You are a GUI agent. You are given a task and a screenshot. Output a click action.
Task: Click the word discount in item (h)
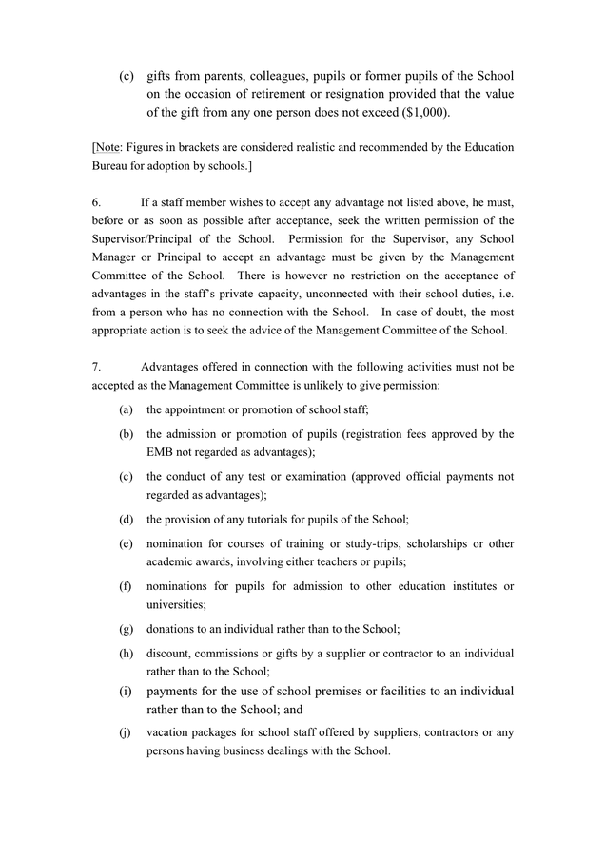tap(169, 654)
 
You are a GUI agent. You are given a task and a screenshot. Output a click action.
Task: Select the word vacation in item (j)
tap(170, 732)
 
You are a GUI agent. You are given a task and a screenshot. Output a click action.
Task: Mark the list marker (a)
tap(126, 408)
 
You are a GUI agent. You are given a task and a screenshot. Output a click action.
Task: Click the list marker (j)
tap(126, 732)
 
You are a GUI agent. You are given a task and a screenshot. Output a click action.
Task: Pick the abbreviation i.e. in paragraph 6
tap(504, 294)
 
